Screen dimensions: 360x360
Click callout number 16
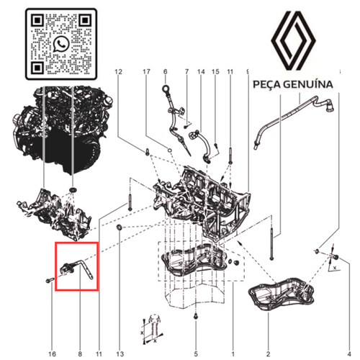click(52, 334)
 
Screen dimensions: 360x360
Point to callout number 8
click(80, 334)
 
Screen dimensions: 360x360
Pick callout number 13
click(119, 334)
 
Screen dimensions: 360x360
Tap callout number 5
click(195, 334)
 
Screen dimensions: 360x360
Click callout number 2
click(268, 334)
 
